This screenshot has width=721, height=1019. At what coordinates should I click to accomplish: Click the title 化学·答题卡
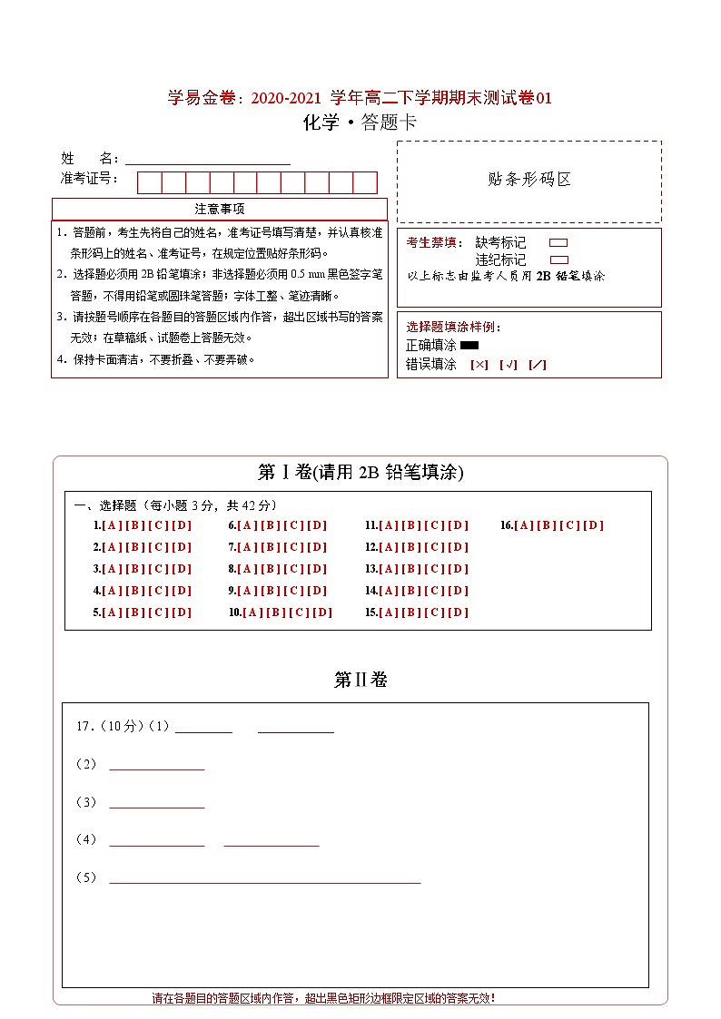point(360,123)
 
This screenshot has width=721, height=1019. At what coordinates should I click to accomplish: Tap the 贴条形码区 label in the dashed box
point(529,179)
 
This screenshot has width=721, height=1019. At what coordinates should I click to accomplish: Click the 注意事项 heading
point(219,209)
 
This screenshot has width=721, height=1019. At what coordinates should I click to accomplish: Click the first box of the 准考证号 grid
point(149,182)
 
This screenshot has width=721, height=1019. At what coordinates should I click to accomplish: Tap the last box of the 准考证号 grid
point(365,182)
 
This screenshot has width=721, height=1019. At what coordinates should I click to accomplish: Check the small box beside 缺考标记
point(558,242)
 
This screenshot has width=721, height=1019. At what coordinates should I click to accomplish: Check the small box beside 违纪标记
point(558,260)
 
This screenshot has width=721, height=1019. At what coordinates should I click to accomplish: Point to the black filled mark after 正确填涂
point(469,345)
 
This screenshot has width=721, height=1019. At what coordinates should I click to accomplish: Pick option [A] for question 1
point(112,525)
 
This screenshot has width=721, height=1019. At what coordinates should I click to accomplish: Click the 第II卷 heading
point(360,680)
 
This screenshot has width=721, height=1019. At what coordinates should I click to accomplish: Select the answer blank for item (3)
point(156,804)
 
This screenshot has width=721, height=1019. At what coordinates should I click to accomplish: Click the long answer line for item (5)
point(264,879)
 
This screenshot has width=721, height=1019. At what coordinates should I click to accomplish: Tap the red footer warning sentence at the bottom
point(323,998)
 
